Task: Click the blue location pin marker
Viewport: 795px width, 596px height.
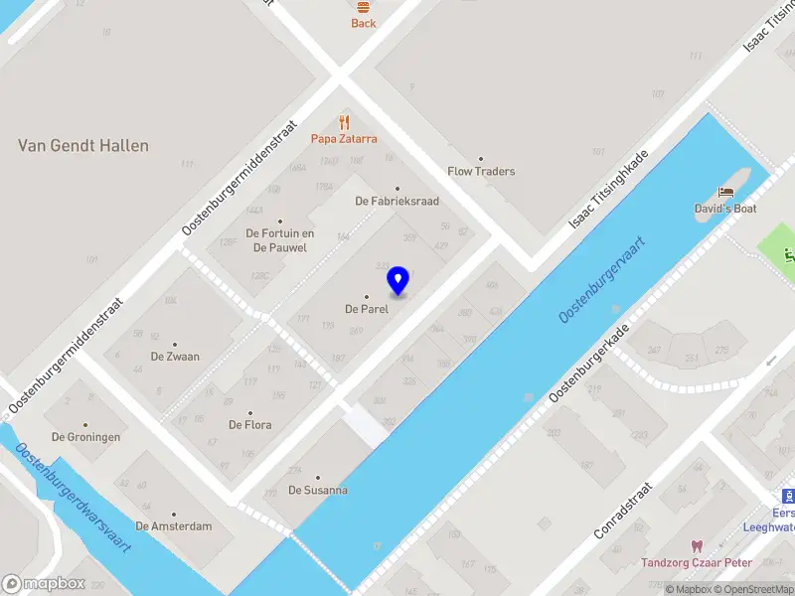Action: pyautogui.click(x=398, y=280)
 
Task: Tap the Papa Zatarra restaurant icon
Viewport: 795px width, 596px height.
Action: pyautogui.click(x=345, y=123)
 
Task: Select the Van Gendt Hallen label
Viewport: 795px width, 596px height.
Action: pyautogui.click(x=83, y=146)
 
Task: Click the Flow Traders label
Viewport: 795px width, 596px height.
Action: pyautogui.click(x=481, y=171)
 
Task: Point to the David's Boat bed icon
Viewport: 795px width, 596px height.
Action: pyautogui.click(x=726, y=192)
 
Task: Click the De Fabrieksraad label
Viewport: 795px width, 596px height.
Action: pyautogui.click(x=397, y=201)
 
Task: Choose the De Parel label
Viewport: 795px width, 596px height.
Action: pyautogui.click(x=366, y=309)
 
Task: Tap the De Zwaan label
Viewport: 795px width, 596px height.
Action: pyautogui.click(x=175, y=357)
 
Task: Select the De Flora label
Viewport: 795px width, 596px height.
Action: pyautogui.click(x=249, y=425)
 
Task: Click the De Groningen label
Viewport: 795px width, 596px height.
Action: pyautogui.click(x=86, y=437)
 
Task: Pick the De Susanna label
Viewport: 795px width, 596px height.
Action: pyautogui.click(x=318, y=490)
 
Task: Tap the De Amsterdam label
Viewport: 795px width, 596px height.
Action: pyautogui.click(x=174, y=526)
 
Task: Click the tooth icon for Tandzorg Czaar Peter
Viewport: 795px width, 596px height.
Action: pyautogui.click(x=696, y=546)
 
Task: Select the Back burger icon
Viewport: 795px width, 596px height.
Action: pyautogui.click(x=364, y=6)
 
